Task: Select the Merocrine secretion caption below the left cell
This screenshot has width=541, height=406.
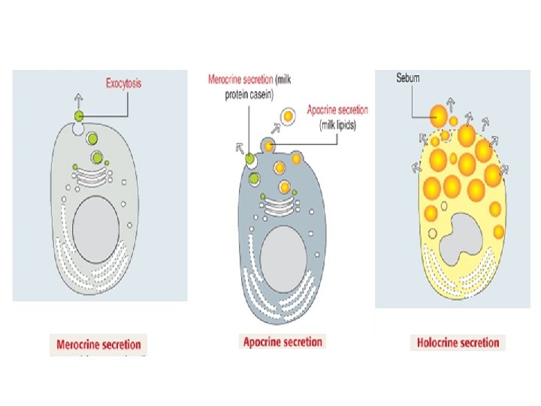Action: [98, 344]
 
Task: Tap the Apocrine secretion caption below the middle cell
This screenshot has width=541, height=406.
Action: [282, 342]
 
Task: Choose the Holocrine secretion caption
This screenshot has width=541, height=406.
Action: [458, 343]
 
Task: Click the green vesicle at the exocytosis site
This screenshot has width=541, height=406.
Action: [79, 116]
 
